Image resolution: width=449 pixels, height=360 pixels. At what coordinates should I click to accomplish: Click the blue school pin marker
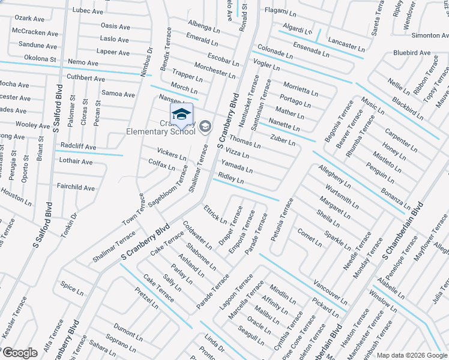(x=182, y=114)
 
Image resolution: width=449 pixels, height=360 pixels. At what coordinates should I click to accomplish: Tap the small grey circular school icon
(x=205, y=125)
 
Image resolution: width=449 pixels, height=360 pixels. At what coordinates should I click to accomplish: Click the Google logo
(x=20, y=353)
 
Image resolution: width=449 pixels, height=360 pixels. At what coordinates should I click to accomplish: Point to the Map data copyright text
(x=411, y=355)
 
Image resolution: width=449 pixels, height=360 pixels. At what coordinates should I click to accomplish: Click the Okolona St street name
(x=40, y=59)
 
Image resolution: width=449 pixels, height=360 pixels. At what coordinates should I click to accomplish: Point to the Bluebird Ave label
(x=412, y=53)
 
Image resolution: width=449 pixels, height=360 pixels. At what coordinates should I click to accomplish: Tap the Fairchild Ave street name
(x=76, y=188)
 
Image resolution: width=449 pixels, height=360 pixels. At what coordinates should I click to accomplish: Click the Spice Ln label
(x=72, y=291)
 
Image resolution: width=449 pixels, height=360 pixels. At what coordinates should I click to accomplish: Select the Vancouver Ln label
(x=330, y=291)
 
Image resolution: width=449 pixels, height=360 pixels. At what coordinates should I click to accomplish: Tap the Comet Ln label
(x=309, y=237)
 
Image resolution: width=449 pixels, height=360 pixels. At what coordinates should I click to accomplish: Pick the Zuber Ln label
(x=283, y=140)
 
